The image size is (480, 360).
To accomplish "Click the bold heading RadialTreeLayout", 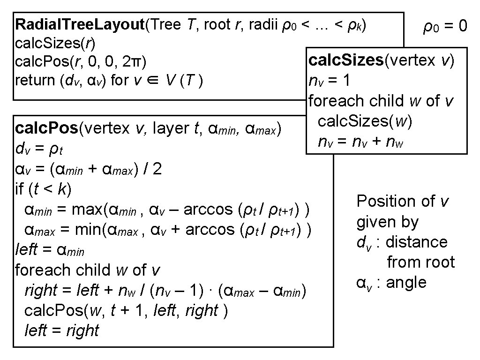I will tap(80, 25).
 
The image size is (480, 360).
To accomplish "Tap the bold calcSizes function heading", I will tap(346, 60).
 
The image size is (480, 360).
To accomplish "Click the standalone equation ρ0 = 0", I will tap(445, 27).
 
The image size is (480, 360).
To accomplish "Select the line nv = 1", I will tap(330, 81).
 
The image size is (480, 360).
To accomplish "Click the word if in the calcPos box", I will tap(20, 189).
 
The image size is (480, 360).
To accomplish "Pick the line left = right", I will tap(61, 331).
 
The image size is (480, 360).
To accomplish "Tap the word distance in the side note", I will tap(416, 242).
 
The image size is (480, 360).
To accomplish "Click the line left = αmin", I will tap(50, 250).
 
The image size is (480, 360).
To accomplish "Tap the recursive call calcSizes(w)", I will tap(365, 121).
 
